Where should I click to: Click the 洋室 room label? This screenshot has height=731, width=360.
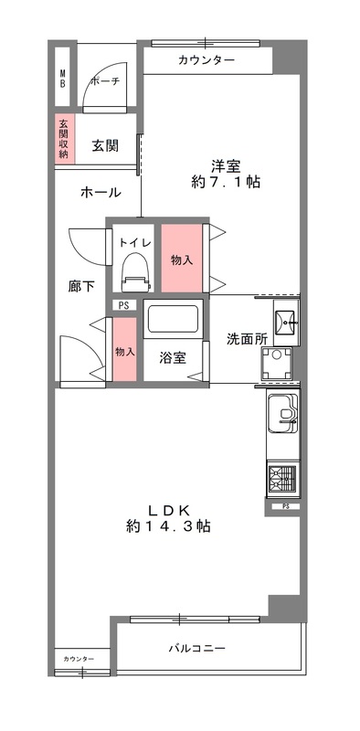226,165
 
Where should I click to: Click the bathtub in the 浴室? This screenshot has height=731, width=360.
174,320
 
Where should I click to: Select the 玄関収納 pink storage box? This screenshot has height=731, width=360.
63,138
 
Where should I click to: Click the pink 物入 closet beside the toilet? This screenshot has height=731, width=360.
182,260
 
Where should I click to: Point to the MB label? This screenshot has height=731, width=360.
63,79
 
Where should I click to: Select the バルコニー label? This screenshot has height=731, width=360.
196,649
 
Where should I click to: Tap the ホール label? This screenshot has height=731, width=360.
101,193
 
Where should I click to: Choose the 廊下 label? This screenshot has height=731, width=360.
81,286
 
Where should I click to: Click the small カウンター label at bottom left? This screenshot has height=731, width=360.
79,658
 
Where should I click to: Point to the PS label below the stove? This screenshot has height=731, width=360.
286,505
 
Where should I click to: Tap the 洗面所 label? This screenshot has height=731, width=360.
247,338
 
